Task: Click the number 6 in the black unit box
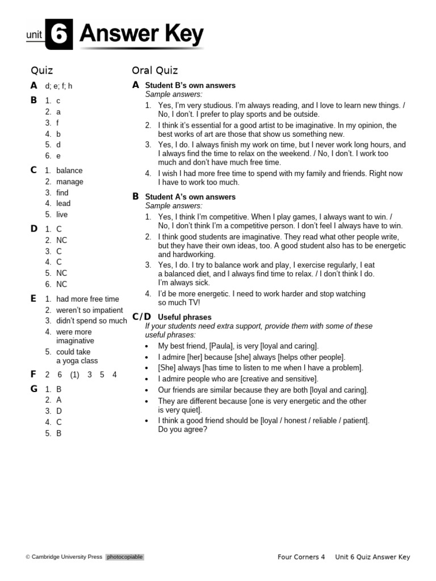tap(58, 35)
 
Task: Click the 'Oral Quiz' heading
tap(154, 70)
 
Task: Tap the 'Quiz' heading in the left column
tap(42, 70)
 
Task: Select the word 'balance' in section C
tap(69, 170)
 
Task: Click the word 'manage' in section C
tap(70, 182)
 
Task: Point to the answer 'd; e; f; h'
tap(59, 86)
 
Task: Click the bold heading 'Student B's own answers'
tap(190, 85)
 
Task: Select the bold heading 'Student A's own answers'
tap(190, 197)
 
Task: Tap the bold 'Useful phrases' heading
tap(185, 317)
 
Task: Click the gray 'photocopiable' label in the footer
tap(124, 557)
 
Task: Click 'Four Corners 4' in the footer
tap(301, 557)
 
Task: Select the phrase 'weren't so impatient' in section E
tap(89, 310)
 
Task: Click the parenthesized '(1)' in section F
tap(75, 374)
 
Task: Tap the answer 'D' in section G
tap(59, 411)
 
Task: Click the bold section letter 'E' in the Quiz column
tap(33, 298)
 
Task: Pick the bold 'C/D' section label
tap(141, 317)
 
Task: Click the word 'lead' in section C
tap(64, 203)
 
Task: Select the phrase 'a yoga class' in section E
tap(77, 361)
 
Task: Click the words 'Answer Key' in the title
tap(141, 35)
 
